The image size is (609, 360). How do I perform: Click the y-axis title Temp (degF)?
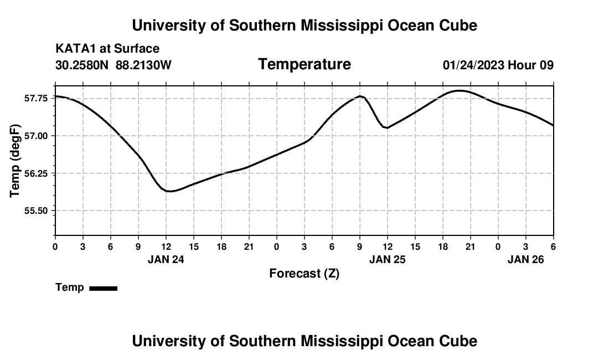point(15,161)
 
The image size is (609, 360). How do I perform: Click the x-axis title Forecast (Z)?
point(304,273)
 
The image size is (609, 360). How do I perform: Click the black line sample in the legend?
point(103,288)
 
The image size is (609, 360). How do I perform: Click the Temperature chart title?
point(304,64)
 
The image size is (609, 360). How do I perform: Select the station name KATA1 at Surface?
point(107,49)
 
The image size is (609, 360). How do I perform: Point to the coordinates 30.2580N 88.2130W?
point(113,65)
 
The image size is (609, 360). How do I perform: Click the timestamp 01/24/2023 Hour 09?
point(498,65)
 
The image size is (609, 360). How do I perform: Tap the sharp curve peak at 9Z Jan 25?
point(360,96)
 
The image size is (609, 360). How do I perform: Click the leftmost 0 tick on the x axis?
point(55,246)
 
